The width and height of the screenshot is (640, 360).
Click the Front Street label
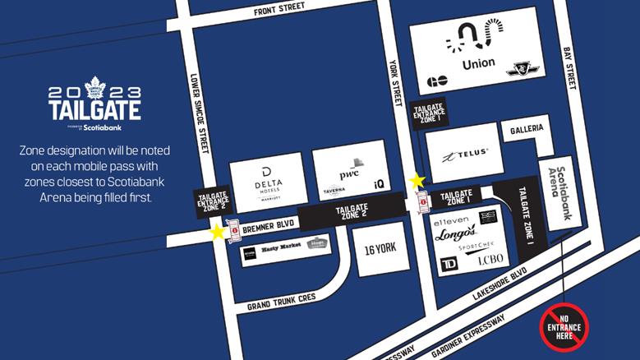click(x=279, y=7)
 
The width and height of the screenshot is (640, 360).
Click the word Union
click(x=478, y=63)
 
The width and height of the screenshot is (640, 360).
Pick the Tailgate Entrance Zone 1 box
click(x=427, y=117)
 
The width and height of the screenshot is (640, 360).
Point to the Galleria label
click(x=526, y=130)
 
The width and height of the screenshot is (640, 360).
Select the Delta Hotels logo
click(x=267, y=180)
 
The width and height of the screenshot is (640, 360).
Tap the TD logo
click(x=450, y=263)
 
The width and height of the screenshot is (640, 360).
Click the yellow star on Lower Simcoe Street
click(x=217, y=233)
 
